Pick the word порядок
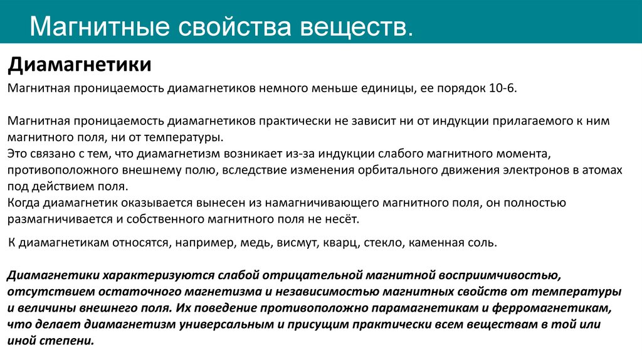[x=456, y=89]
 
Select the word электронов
[x=535, y=170]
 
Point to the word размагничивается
[x=55, y=219]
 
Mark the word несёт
[x=343, y=219]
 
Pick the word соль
[x=483, y=242]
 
